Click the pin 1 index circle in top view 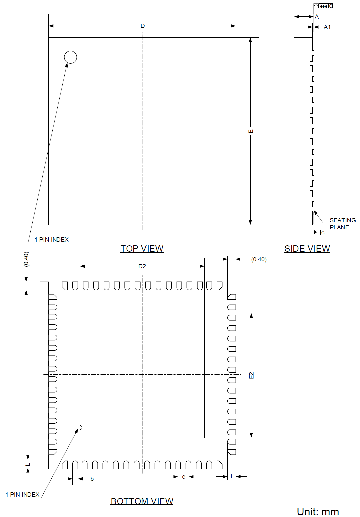click(70, 57)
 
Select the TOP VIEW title click(142, 249)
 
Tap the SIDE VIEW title click(307, 249)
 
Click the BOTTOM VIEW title click(142, 501)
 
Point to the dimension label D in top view click(142, 26)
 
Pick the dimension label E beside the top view click(251, 131)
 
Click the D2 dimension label click(142, 266)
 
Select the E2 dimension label click(251, 375)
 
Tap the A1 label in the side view click(327, 27)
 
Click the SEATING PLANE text click(342, 224)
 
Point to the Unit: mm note click(318, 512)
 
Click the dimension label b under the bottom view click(92, 479)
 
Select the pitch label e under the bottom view click(184, 477)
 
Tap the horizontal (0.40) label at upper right click(259, 259)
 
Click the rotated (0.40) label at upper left click(26, 259)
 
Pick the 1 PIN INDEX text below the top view click(52, 240)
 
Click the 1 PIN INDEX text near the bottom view click(22, 495)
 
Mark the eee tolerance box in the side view click(323, 6)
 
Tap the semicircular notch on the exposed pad click(80, 428)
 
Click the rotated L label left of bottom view click(28, 465)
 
